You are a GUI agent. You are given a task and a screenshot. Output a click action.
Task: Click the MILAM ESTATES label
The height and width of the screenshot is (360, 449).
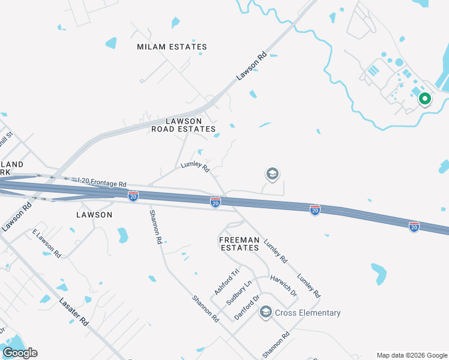point(172,47)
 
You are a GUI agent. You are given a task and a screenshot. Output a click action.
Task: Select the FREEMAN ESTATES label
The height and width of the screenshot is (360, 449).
point(239,244)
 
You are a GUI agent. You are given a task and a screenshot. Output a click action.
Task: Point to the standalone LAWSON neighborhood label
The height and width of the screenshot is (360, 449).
point(94,214)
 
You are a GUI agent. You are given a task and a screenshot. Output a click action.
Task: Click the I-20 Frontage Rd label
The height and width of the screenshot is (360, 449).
point(103,181)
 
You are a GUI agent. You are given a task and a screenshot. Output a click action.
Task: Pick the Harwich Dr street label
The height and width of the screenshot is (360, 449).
point(284,286)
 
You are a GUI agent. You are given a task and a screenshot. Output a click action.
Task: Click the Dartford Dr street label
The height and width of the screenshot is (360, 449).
point(247,306)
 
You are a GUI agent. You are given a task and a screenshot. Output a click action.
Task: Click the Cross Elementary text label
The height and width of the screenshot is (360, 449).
point(307,313)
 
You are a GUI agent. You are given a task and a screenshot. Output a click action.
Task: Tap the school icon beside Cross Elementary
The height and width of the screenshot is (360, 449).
point(265,313)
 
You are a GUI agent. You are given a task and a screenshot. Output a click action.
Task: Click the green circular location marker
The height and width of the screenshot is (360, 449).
point(424,98)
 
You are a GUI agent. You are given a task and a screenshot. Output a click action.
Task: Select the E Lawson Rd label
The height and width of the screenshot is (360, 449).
point(47,244)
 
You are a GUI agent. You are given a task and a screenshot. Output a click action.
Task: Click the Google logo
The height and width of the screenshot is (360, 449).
point(20,353)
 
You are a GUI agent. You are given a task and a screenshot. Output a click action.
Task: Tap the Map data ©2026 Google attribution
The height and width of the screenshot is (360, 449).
point(412,355)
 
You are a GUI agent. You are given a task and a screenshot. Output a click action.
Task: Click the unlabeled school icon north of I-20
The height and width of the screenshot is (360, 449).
point(272,174)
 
